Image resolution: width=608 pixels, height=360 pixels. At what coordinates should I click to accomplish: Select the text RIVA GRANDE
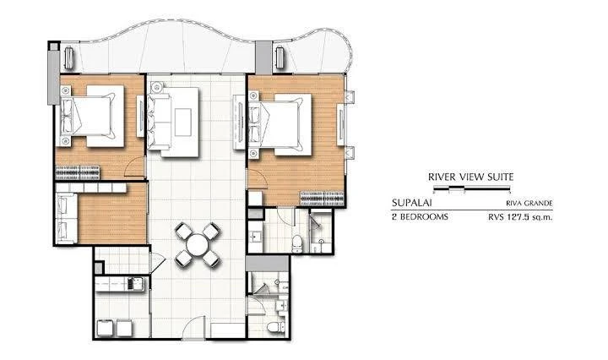tap(532, 204)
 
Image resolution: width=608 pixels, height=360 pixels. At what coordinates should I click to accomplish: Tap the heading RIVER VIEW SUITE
tap(471, 177)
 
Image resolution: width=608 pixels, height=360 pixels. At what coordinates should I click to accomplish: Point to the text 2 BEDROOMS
tap(421, 216)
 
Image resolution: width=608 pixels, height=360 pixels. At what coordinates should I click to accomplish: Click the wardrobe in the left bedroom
tap(79, 172)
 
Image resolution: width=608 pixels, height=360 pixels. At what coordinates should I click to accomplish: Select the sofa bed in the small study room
tap(66, 216)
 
